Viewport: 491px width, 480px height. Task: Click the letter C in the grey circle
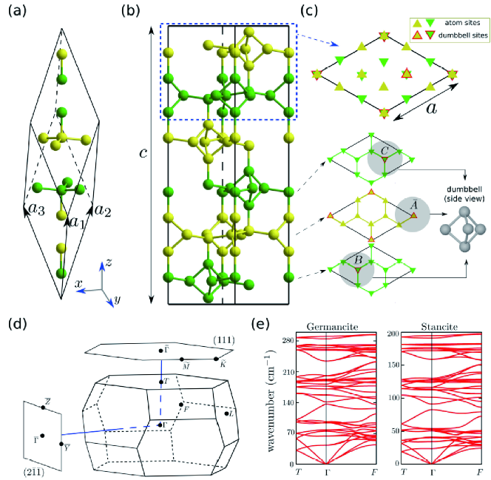point(383,148)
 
